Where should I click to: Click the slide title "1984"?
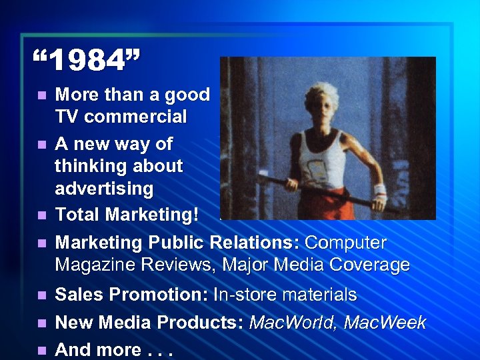[x=87, y=61]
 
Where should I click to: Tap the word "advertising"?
[x=104, y=189]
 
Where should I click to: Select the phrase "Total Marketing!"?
[x=127, y=215]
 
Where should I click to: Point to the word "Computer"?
[x=345, y=242]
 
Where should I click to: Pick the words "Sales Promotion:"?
[x=131, y=295]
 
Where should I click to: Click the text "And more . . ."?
[x=114, y=349]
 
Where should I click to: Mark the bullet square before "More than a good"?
[x=42, y=96]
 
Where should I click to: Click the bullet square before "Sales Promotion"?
[x=42, y=295]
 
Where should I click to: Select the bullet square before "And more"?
[x=42, y=350]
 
